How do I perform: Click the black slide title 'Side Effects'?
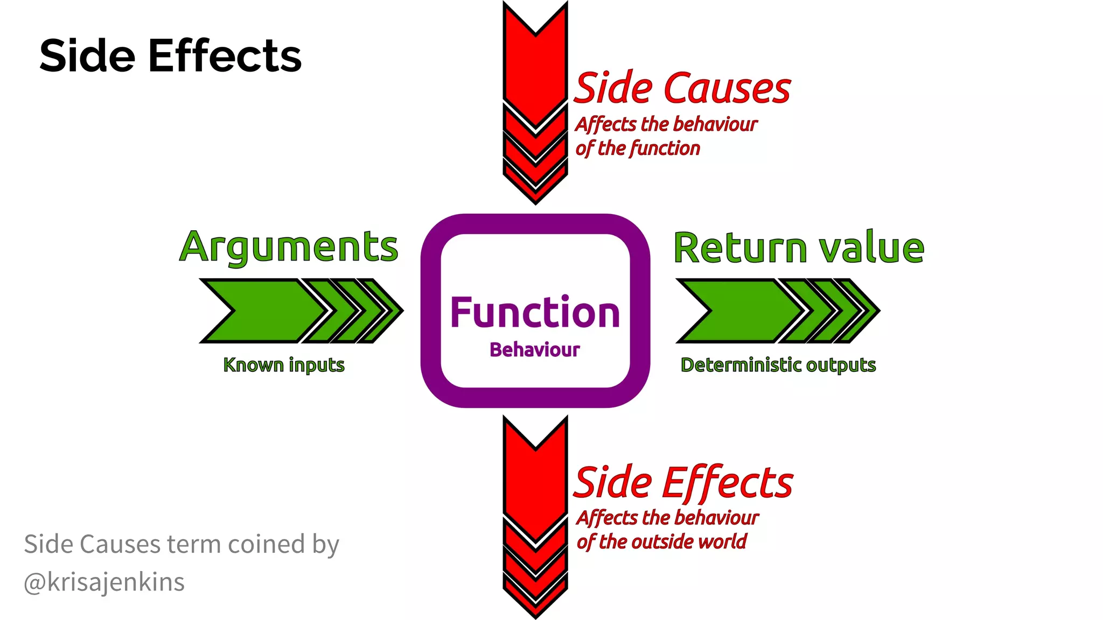click(x=170, y=55)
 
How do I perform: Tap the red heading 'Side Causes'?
click(x=682, y=88)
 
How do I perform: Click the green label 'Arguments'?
click(x=289, y=247)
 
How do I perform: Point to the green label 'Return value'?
click(x=799, y=248)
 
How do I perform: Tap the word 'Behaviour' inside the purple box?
click(x=535, y=350)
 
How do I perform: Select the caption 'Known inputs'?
click(x=284, y=365)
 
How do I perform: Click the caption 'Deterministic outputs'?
click(x=778, y=365)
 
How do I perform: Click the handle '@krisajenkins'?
click(x=104, y=582)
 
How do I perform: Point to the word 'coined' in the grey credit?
click(x=266, y=544)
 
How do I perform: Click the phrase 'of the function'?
click(x=638, y=148)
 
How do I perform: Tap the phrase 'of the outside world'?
click(x=661, y=541)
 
